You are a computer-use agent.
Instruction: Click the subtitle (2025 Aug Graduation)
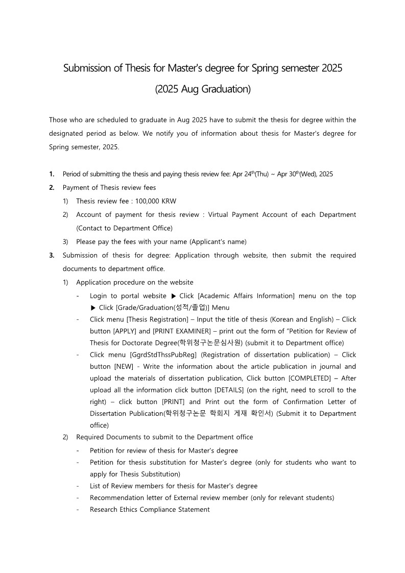click(203, 89)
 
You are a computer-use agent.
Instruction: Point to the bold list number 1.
click(52, 174)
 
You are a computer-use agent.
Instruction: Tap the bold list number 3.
click(52, 255)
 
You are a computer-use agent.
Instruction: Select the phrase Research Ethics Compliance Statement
click(150, 509)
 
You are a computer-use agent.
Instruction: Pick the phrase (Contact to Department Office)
click(124, 228)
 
